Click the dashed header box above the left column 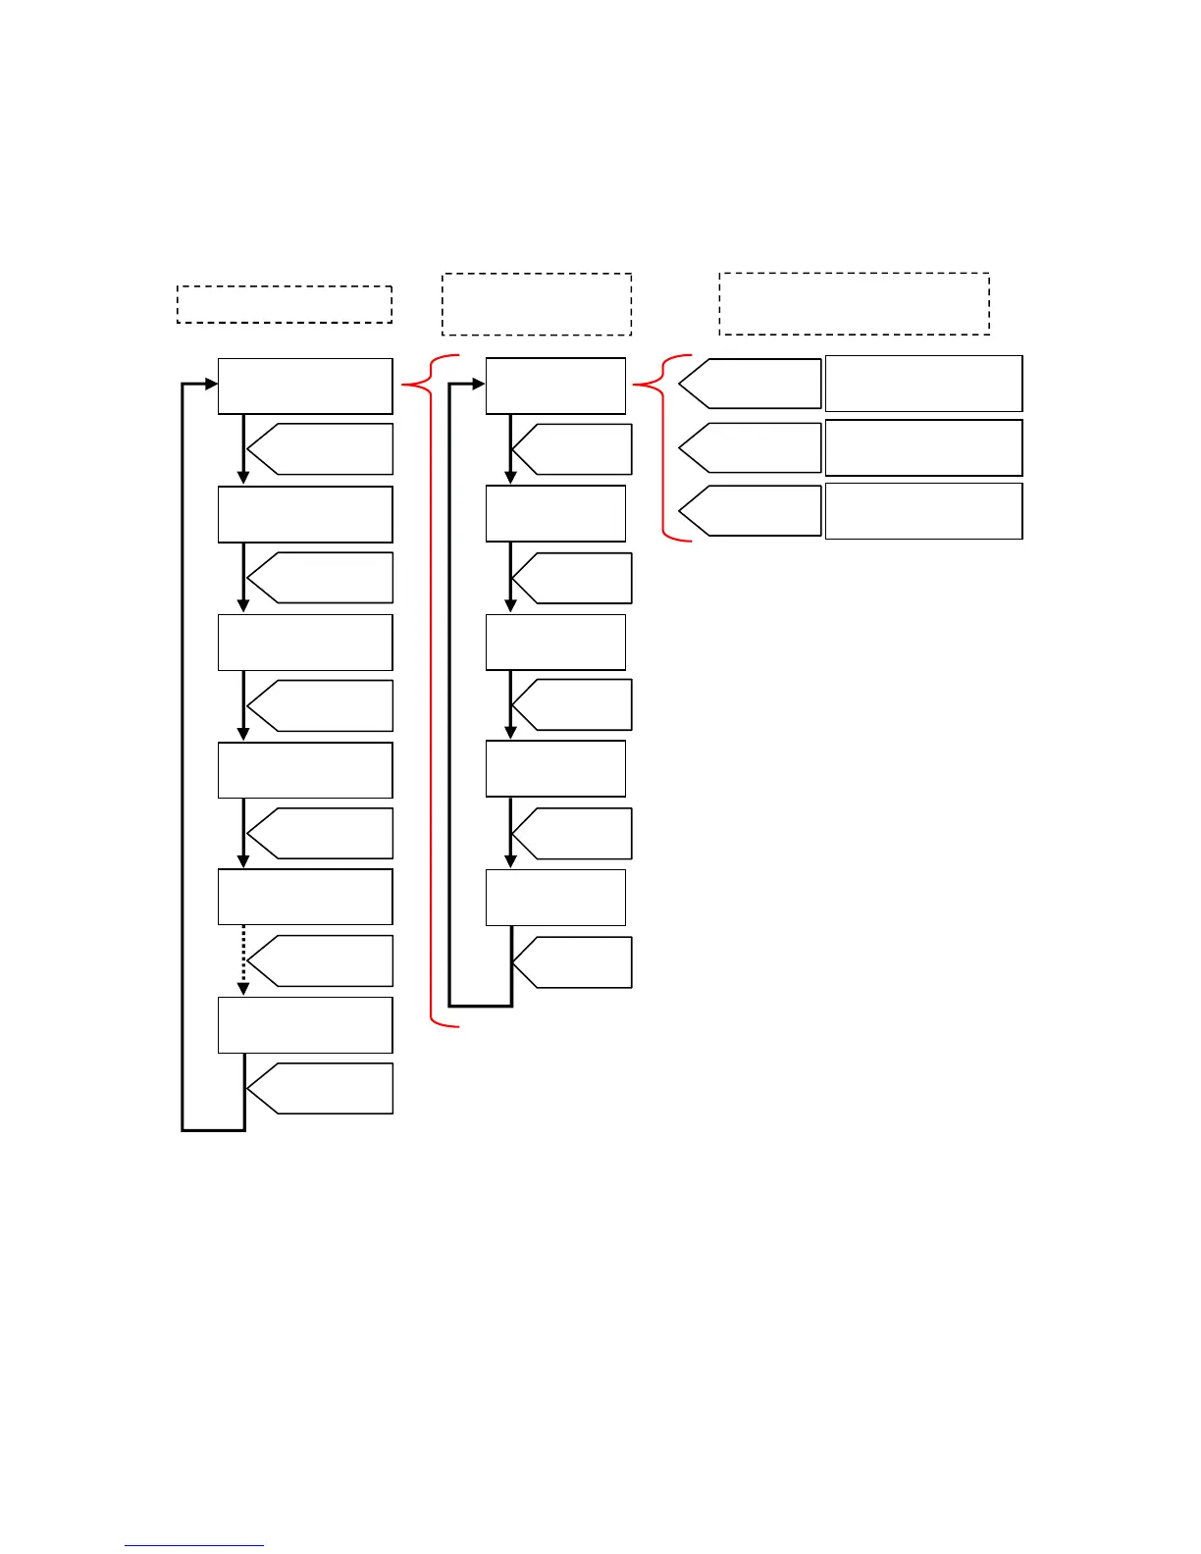pos(285,304)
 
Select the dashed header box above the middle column pos(537,304)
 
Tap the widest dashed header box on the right pos(854,304)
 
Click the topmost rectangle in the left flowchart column pos(305,386)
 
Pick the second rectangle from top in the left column pos(305,514)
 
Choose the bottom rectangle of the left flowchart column pos(305,1025)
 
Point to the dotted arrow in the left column pos(243,959)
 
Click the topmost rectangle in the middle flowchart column pos(555,386)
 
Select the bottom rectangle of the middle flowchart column pos(555,897)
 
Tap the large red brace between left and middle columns pos(431,687)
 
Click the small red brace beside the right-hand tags pos(663,447)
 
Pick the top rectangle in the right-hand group pos(923,384)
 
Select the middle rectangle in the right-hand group pos(923,447)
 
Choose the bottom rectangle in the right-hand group pos(923,511)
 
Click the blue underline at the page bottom pos(194,1545)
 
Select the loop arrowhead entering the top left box pos(211,385)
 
